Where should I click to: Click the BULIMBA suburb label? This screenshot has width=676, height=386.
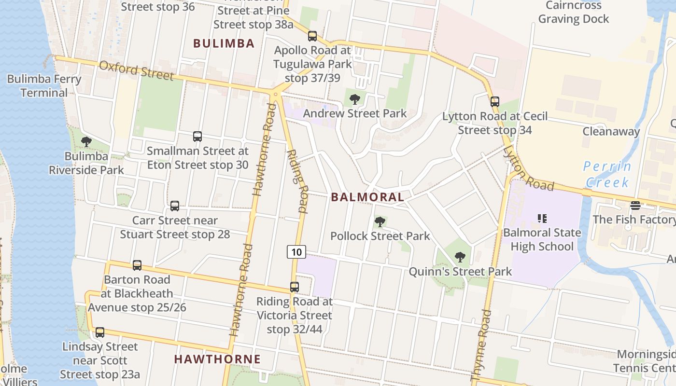[224, 43]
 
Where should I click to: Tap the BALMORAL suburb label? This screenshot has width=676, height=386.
[367, 197]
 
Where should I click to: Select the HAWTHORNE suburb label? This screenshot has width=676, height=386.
[217, 359]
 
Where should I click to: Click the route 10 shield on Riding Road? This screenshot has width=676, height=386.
[296, 251]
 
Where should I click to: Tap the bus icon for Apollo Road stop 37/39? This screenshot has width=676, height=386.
[312, 36]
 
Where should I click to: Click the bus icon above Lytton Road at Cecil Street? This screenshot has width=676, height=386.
[495, 102]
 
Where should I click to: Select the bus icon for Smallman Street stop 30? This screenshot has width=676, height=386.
[197, 137]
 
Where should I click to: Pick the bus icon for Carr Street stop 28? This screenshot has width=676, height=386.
[175, 206]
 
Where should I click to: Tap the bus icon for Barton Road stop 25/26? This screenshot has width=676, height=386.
[137, 265]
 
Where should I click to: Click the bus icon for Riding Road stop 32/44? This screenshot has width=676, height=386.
[295, 287]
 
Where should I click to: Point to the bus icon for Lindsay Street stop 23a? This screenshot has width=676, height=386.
[100, 332]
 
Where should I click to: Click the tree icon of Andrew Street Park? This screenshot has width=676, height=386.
[355, 99]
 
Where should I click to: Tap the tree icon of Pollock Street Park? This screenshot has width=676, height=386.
[380, 222]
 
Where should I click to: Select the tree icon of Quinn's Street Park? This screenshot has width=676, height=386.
[460, 257]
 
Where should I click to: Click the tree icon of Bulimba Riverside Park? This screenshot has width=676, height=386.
[86, 142]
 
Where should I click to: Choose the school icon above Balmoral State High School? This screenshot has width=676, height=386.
[542, 219]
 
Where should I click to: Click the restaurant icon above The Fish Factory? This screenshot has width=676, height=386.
[635, 206]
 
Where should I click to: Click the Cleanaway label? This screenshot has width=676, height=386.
[611, 131]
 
